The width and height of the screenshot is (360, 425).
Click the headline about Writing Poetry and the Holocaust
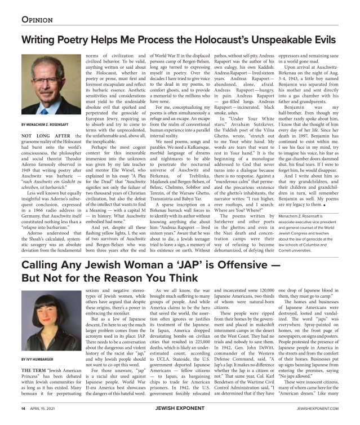point(180,40)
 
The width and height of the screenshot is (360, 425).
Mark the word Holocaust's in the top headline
point(215,40)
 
